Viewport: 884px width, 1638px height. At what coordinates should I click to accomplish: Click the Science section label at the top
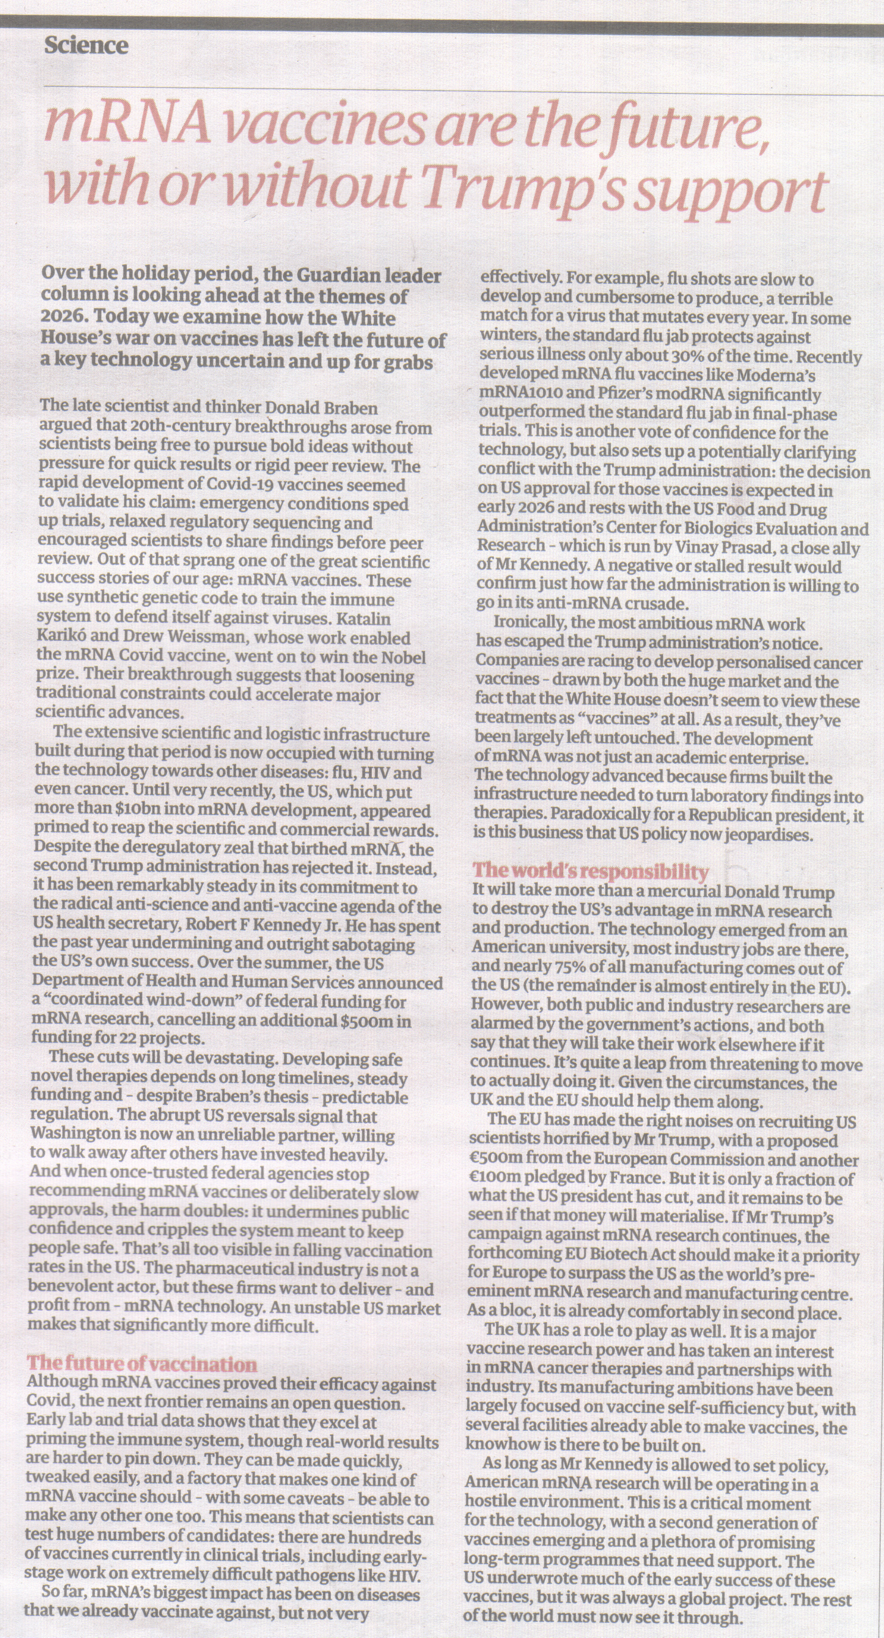(x=86, y=46)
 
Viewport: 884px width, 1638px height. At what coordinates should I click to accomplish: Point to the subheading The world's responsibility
(x=591, y=870)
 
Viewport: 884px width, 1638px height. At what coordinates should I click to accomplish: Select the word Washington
(x=74, y=1134)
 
